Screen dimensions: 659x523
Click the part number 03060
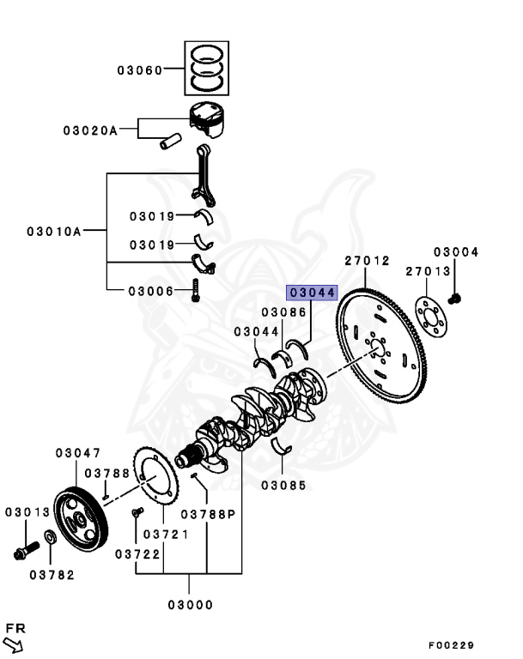click(140, 70)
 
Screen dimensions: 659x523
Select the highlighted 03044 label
click(312, 293)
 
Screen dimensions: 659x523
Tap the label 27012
click(368, 261)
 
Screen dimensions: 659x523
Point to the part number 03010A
click(53, 231)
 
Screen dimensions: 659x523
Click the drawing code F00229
click(451, 645)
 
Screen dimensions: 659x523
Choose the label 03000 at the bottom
click(190, 604)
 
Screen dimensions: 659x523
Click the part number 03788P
click(208, 515)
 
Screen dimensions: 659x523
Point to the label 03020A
click(89, 130)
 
